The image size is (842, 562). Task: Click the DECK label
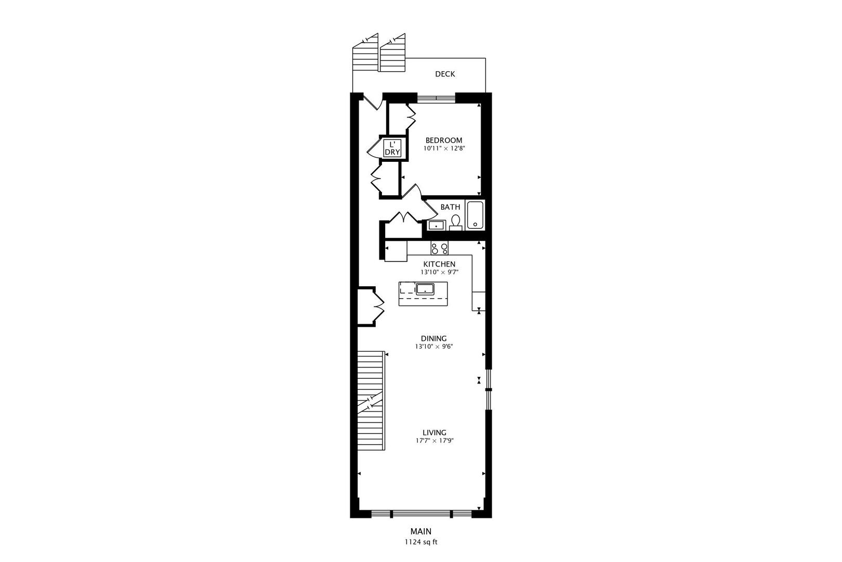445,74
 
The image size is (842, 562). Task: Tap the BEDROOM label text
443,140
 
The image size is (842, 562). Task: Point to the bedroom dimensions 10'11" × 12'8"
443,148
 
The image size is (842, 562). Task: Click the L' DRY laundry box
392,148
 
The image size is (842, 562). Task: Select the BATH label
450,207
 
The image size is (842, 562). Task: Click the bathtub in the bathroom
475,215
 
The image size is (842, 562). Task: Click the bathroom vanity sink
436,225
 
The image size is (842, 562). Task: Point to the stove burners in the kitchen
439,249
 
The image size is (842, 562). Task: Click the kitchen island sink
425,288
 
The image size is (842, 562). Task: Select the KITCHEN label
439,264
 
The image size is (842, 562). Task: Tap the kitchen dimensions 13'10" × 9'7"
439,272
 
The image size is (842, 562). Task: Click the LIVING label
434,432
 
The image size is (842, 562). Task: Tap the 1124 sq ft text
421,542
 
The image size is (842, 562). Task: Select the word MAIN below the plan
421,531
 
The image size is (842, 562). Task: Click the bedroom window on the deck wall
436,97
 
